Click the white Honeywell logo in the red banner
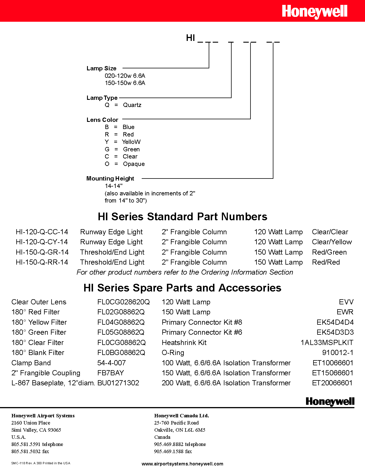(314, 12)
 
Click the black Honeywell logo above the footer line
(330, 401)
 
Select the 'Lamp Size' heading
(101, 68)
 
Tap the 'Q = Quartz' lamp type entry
(123, 105)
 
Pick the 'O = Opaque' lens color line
(125, 164)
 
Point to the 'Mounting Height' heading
(110, 179)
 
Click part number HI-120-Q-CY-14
(42, 242)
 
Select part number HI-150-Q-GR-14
(42, 252)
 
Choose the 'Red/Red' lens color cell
(326, 262)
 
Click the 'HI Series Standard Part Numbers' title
(182, 217)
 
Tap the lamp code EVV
(346, 302)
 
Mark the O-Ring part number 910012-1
(338, 353)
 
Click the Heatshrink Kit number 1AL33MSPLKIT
(327, 343)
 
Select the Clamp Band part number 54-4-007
(111, 363)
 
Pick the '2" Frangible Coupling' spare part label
(46, 373)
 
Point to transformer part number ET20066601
(332, 383)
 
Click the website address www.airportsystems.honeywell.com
(182, 464)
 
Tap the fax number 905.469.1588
(173, 451)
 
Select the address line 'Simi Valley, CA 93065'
(36, 430)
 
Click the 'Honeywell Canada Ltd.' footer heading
(181, 416)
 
